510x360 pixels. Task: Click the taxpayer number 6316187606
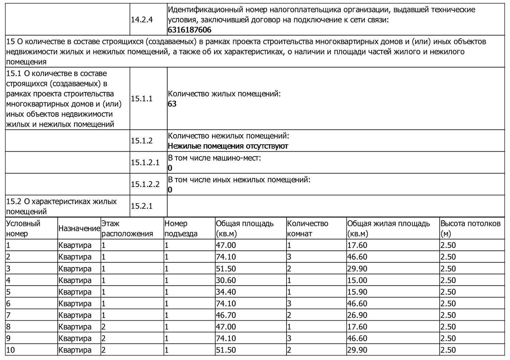[189, 30]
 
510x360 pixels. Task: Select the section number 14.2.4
[142, 20]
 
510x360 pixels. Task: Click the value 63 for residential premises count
[172, 104]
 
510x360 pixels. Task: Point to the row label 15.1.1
[142, 99]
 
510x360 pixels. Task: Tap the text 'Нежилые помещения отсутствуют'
[228, 146]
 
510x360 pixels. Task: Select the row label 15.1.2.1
[145, 163]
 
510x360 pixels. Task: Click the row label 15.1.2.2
[145, 184]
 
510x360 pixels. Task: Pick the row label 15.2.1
[142, 206]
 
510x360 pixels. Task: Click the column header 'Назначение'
[79, 229]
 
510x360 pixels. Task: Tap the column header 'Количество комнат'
[308, 229]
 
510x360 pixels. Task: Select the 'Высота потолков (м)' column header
[470, 229]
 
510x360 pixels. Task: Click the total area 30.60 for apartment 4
[226, 280]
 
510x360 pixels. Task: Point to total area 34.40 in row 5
[226, 292]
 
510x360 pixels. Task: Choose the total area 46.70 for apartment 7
[226, 315]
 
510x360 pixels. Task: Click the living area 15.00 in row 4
[357, 280]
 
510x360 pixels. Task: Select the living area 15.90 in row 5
[357, 292]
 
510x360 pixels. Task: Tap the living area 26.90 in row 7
[357, 315]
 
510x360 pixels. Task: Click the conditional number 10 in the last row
[11, 350]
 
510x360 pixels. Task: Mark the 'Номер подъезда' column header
[181, 229]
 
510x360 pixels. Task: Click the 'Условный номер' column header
[23, 229]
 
